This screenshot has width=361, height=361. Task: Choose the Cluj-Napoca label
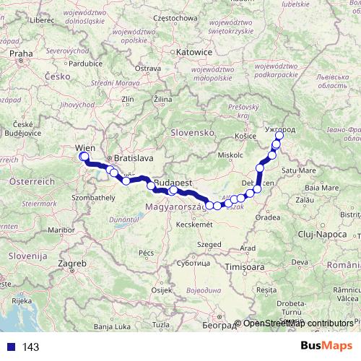pyautogui.click(x=322, y=235)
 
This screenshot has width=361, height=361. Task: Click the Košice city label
pyautogui.click(x=247, y=135)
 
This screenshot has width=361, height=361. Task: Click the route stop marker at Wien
pyautogui.click(x=84, y=157)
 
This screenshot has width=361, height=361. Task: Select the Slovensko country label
pyautogui.click(x=193, y=133)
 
